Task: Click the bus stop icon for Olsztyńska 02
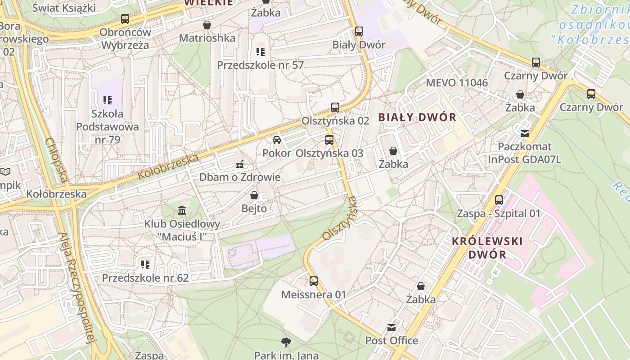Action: [335, 108]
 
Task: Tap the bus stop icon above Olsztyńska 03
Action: [329, 139]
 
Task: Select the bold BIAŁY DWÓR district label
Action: [417, 117]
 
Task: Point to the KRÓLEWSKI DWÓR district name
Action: [487, 247]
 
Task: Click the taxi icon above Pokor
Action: [277, 140]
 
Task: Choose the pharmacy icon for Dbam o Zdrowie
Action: [240, 164]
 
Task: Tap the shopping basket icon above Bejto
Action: [254, 195]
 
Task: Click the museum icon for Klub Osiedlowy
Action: [182, 210]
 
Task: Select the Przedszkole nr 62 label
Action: [145, 278]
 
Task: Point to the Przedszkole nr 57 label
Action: [260, 65]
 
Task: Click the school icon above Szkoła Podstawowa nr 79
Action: [107, 100]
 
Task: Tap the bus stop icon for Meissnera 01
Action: [314, 281]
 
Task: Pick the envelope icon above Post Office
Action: [391, 327]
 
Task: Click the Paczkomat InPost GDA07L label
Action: [524, 153]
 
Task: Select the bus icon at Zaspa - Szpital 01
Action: [499, 200]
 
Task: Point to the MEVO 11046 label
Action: [456, 83]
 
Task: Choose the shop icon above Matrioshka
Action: [207, 25]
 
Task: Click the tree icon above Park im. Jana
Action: [285, 342]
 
